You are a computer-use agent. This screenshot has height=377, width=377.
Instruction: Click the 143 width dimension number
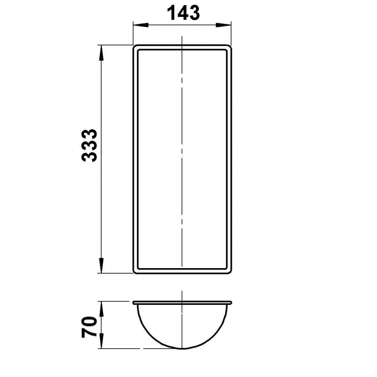[x=183, y=13]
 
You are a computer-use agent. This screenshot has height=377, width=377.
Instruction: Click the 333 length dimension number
[x=89, y=145]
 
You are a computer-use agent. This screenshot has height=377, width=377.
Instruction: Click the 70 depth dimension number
[x=89, y=327]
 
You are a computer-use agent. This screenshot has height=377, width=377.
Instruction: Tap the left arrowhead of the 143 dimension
[x=140, y=25]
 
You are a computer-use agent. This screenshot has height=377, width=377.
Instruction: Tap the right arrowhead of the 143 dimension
[x=223, y=25]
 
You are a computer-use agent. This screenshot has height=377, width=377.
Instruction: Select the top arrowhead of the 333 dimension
[x=101, y=53]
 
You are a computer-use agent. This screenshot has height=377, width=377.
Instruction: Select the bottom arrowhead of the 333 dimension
[x=101, y=265]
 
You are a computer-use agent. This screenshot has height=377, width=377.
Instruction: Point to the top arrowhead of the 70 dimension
[x=101, y=309]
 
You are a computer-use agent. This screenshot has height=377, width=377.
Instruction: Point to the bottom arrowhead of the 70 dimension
[x=101, y=341]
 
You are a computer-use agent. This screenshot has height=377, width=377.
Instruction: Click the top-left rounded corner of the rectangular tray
[x=134, y=46]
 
